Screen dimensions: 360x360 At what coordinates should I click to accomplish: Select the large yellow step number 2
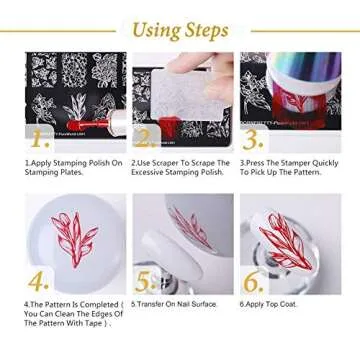(146, 137)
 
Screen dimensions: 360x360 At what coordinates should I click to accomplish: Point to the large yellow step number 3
(253, 138)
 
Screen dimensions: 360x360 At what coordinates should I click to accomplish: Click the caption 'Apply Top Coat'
(272, 304)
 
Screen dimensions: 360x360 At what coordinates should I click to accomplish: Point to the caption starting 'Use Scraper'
(180, 166)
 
